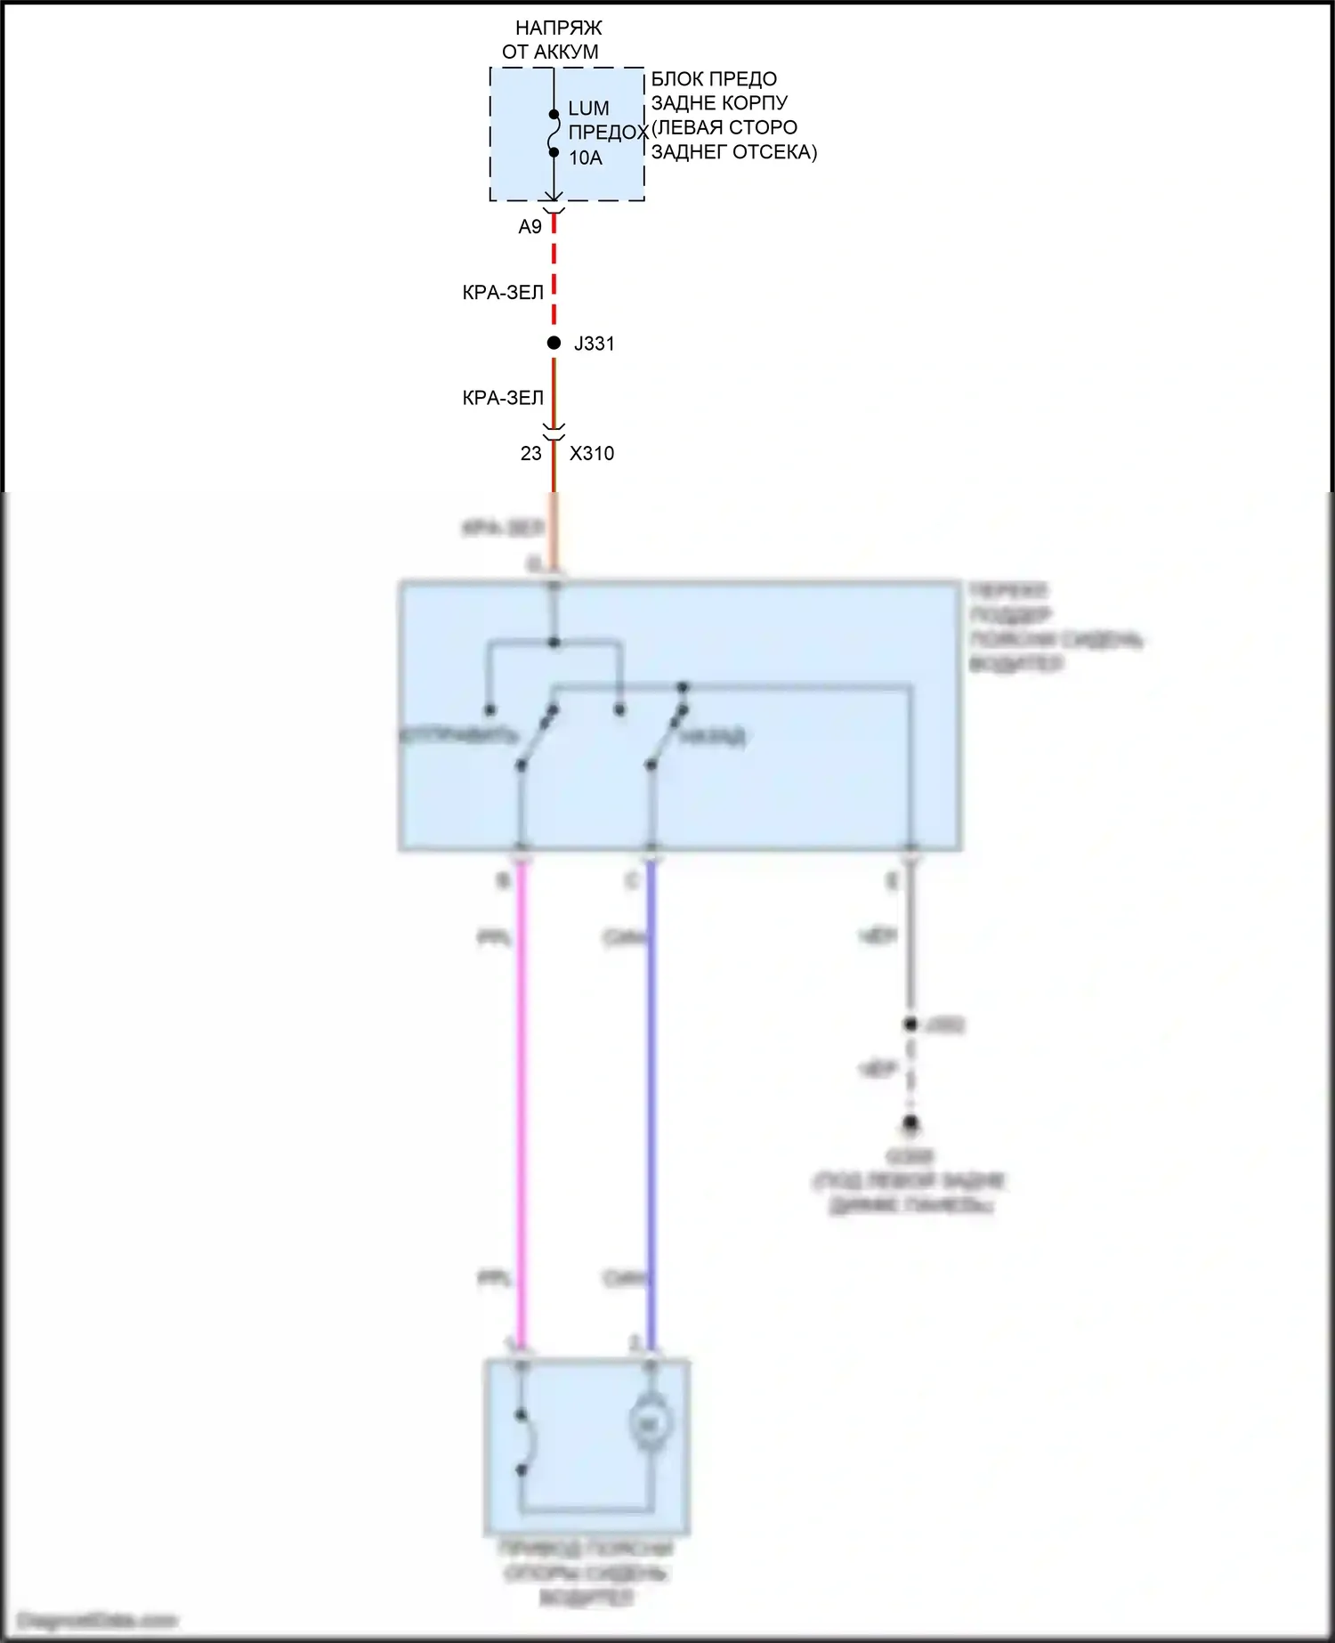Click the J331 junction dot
tap(554, 343)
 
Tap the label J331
tap(595, 344)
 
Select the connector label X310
tap(592, 453)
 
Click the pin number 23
tap(530, 453)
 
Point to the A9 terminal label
tap(530, 227)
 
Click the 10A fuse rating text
tap(586, 158)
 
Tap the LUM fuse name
tap(588, 109)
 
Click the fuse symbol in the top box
tap(554, 134)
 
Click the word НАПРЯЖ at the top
tap(558, 28)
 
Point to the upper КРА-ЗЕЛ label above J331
tap(503, 293)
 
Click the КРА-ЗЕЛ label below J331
tap(503, 398)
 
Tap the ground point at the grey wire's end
tap(910, 1126)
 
